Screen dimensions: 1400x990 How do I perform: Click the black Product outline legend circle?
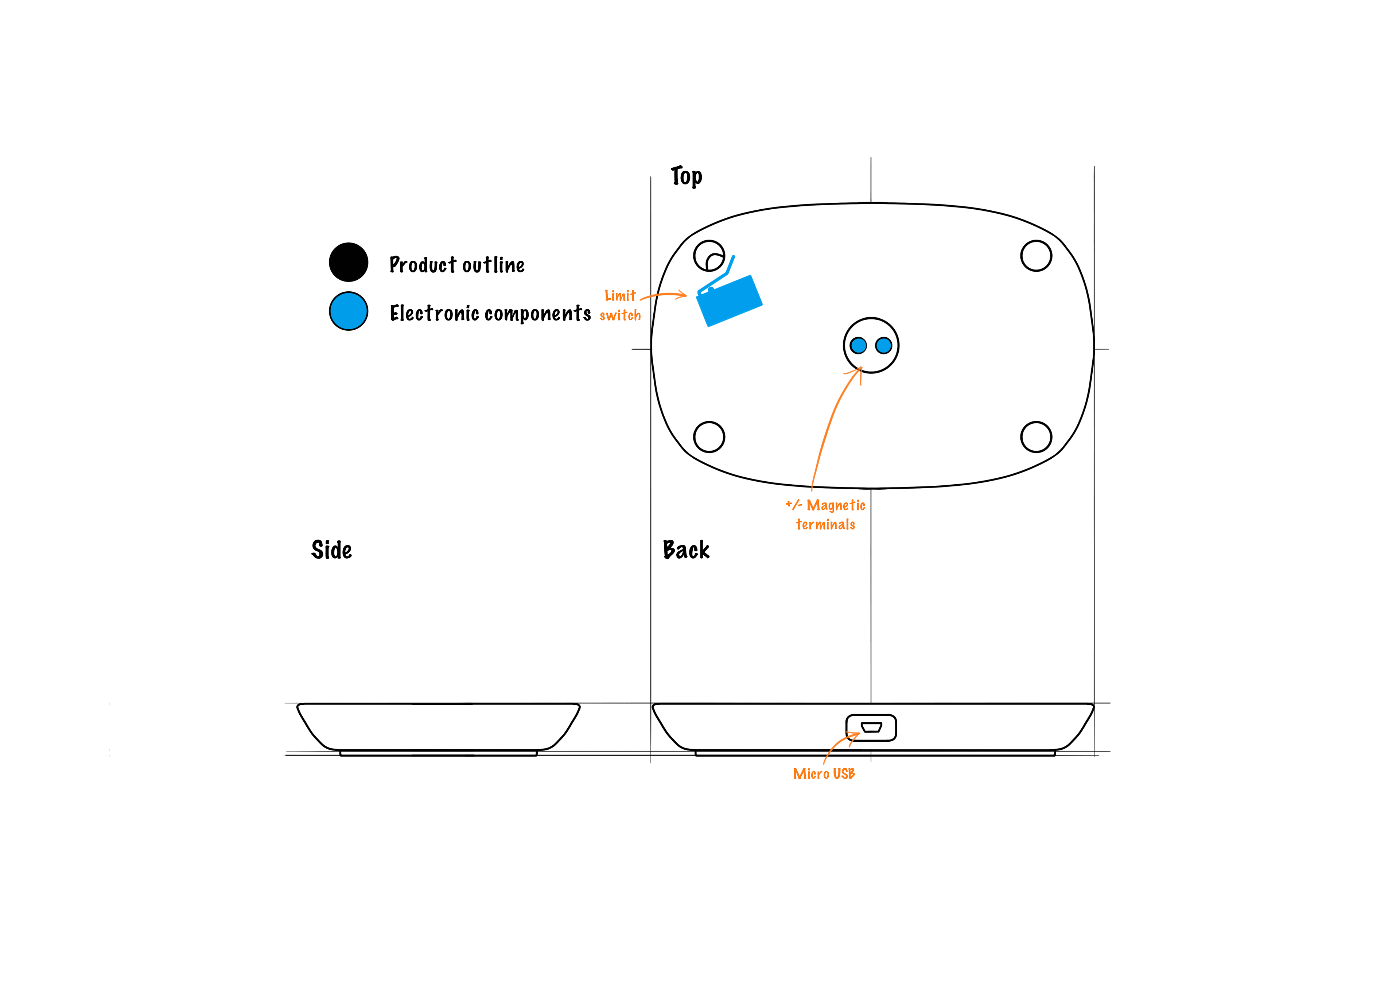(348, 262)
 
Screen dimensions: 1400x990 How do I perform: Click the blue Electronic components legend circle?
(348, 311)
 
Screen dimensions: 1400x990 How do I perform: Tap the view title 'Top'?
(687, 176)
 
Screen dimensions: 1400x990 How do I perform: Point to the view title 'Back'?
(686, 550)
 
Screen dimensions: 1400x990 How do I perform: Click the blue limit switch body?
(729, 301)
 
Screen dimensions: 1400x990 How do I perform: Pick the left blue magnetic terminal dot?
(859, 346)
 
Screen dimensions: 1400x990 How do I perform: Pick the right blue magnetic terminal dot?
(883, 346)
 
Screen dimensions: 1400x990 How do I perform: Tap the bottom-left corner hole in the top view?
(709, 437)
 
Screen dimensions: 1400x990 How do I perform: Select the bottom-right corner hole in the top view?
(1036, 437)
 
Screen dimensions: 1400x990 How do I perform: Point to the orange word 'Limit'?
(620, 296)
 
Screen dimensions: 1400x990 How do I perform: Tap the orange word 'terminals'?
(826, 525)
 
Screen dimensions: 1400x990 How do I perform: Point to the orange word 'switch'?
(620, 315)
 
